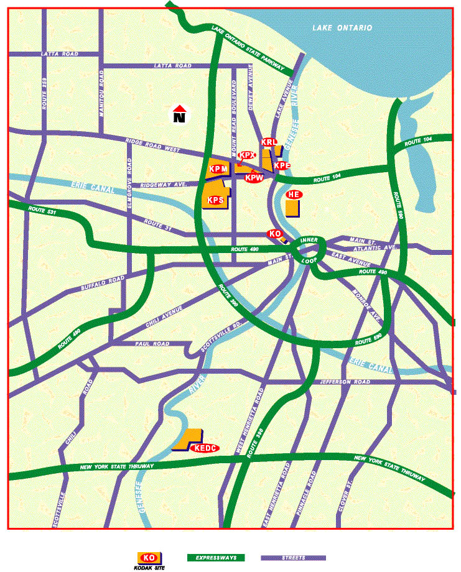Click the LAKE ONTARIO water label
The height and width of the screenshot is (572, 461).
tap(343, 28)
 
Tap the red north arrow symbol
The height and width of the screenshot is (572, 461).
tap(180, 114)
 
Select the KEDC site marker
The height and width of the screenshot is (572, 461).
tap(205, 448)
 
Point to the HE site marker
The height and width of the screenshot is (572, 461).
tap(294, 195)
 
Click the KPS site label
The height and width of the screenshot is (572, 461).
tap(215, 200)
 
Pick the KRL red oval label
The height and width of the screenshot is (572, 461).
tap(269, 142)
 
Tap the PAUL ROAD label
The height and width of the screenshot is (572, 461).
tap(152, 344)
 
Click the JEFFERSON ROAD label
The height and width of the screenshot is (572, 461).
tap(344, 382)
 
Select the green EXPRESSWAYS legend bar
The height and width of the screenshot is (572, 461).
tap(217, 558)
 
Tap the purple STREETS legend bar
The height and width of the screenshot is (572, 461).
tap(292, 558)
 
